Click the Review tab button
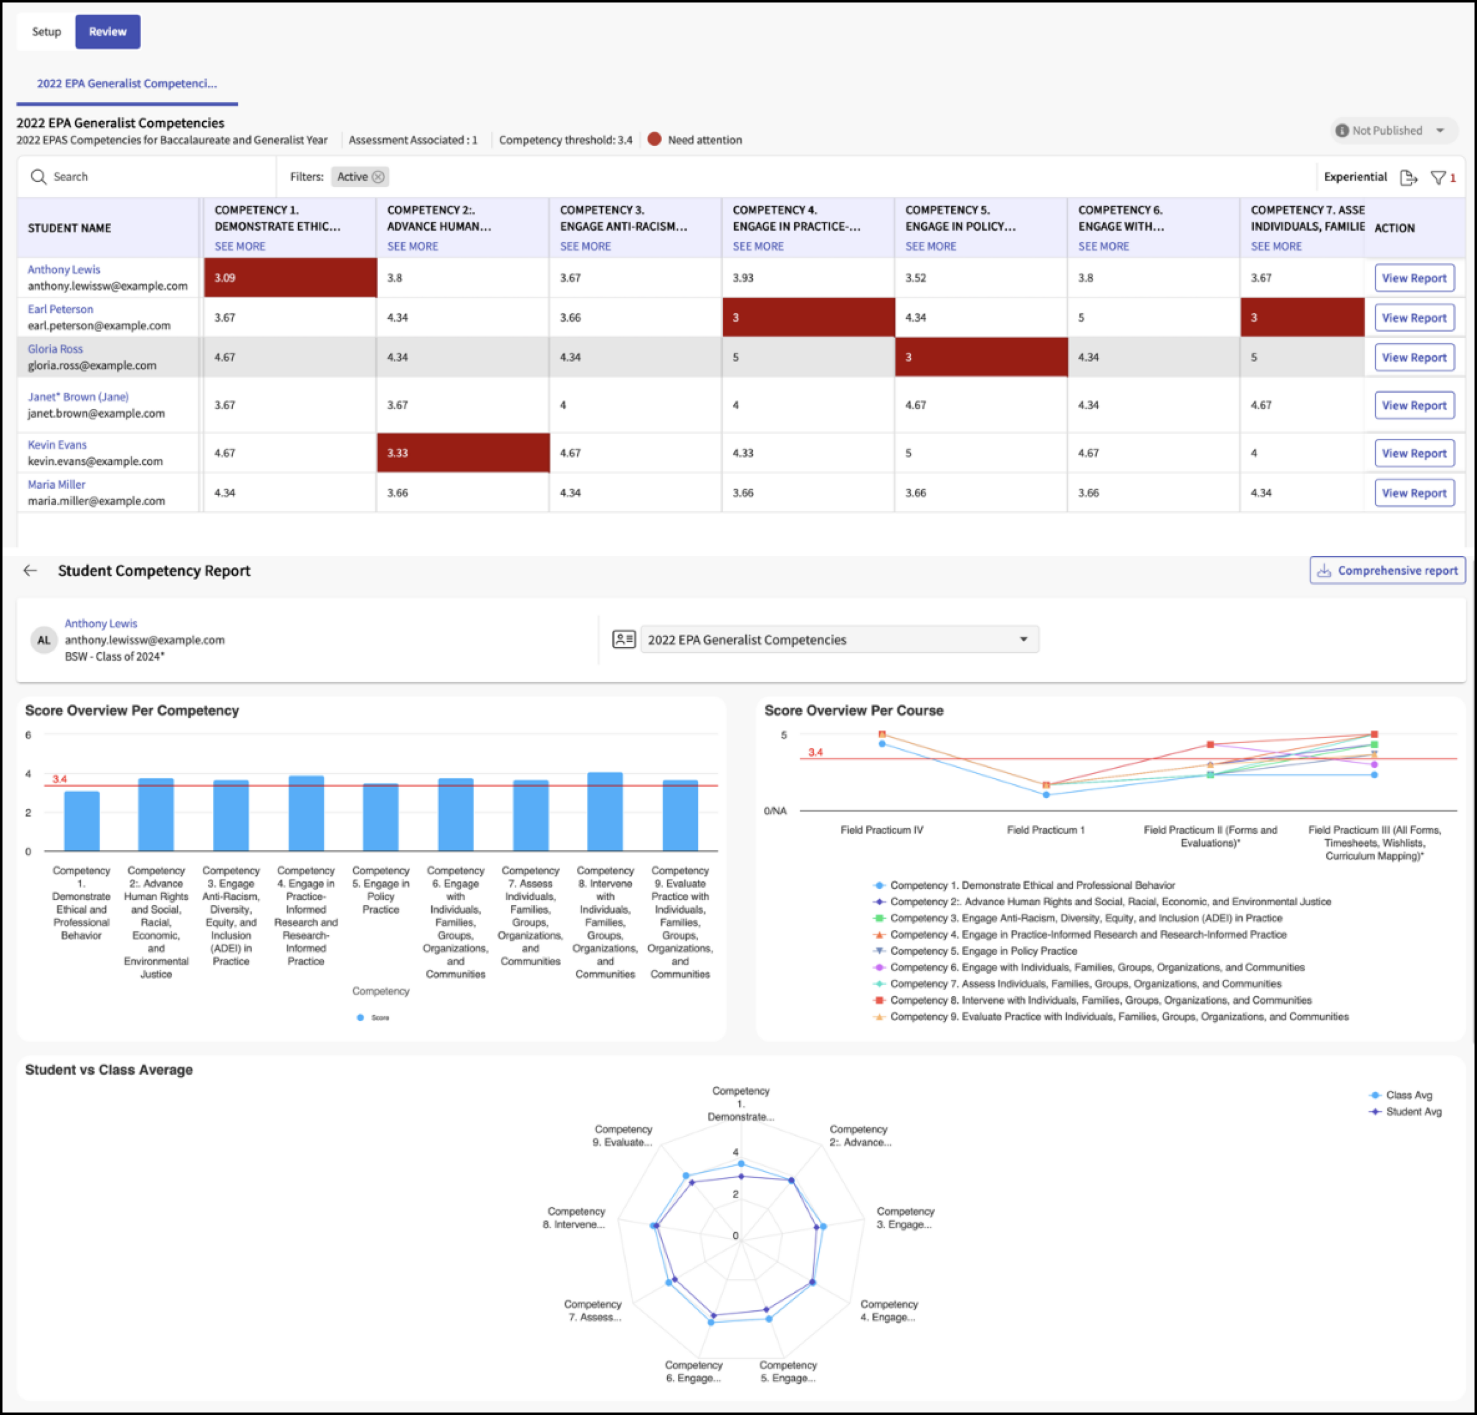108,32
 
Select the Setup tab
46,32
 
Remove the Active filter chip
378,176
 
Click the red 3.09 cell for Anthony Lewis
290,277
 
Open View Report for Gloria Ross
1413,357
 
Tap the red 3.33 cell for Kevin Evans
462,453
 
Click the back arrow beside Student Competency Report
30,570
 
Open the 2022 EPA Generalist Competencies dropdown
839,640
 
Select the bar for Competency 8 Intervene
605,811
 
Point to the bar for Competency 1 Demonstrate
82,821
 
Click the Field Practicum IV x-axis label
882,830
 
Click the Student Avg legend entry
1405,1112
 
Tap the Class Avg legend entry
1401,1095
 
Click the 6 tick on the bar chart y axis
29,735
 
